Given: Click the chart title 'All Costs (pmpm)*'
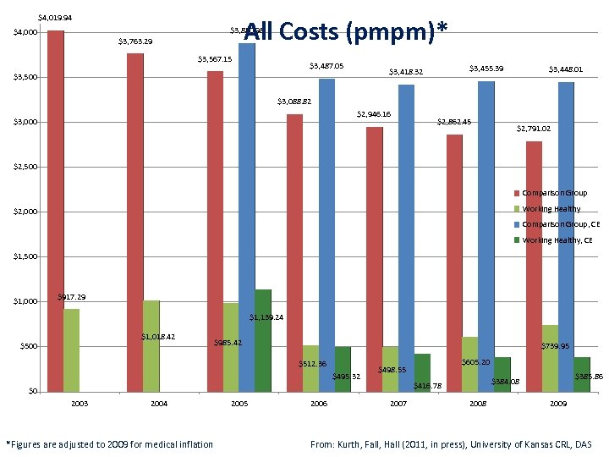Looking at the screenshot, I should (345, 31).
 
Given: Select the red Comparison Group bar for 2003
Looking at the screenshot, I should (56, 212).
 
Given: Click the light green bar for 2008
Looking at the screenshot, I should (469, 364).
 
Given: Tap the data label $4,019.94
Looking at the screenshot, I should (55, 17).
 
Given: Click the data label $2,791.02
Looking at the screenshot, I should (534, 129).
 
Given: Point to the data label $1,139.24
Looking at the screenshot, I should (266, 317).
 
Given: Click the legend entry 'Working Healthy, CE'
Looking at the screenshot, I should (557, 240).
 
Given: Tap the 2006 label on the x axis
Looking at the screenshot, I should (318, 405).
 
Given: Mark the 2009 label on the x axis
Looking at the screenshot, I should (557, 405).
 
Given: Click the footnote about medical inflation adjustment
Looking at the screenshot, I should (110, 444).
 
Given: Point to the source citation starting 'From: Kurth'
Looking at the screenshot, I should (452, 444).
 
